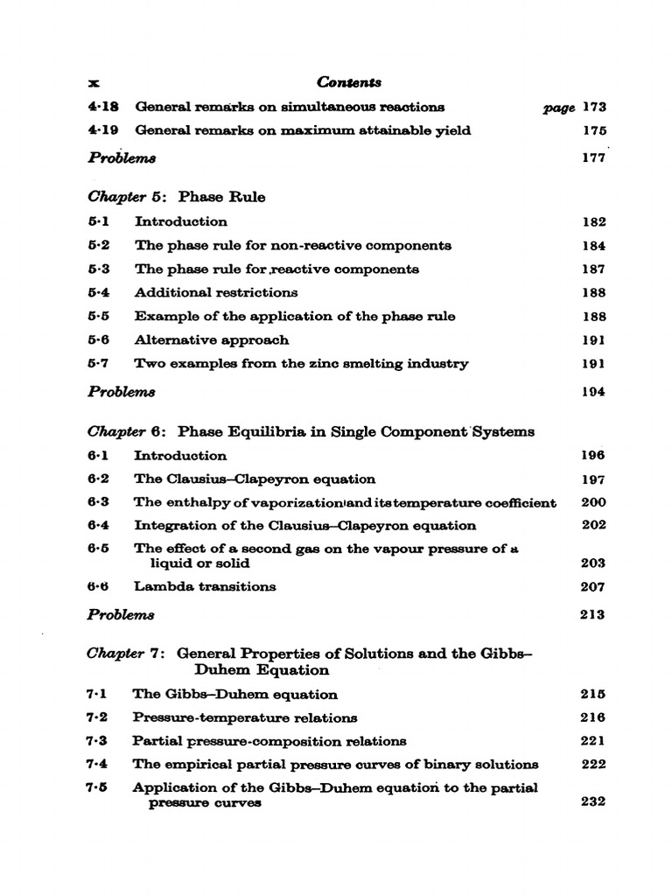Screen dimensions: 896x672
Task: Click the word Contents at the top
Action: coord(349,82)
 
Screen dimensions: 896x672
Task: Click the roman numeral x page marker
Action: coord(94,83)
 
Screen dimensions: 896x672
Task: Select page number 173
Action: coord(593,108)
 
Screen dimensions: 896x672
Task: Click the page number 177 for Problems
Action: coord(593,158)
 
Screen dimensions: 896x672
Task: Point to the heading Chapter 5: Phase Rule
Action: coord(177,197)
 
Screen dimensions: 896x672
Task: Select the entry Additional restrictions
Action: coord(215,292)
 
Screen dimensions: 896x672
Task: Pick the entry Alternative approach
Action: coord(211,339)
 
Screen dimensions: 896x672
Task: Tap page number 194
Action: coord(593,392)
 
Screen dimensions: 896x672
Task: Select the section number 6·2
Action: coord(98,479)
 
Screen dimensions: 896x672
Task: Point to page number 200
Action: coord(592,502)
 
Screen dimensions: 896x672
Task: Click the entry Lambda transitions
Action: coord(205,586)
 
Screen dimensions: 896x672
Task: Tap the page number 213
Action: coord(592,614)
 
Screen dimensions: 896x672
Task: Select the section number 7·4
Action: coord(96,764)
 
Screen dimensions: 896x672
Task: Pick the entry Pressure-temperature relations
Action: coord(244,717)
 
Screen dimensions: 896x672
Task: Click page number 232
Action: coord(592,801)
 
